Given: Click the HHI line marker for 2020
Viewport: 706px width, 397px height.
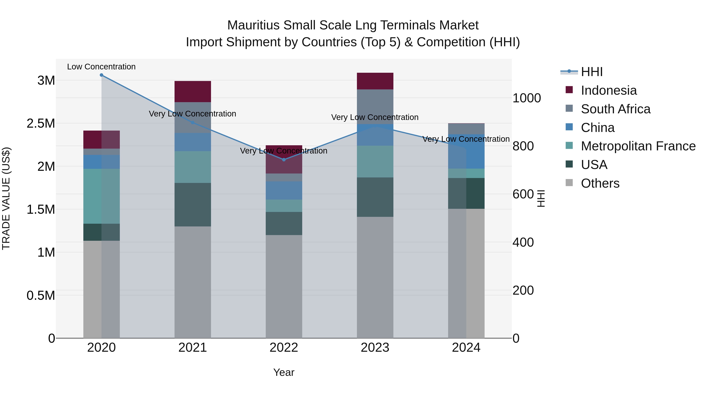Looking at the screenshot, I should point(101,75).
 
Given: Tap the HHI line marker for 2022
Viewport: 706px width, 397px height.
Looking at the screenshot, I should point(284,159).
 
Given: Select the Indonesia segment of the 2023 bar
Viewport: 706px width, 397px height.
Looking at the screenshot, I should point(375,81).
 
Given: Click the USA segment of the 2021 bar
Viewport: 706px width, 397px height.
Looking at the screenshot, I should point(193,204).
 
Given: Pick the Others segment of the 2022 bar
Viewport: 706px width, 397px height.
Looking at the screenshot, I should point(284,286).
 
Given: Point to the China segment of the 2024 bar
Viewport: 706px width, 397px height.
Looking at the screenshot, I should point(466,152).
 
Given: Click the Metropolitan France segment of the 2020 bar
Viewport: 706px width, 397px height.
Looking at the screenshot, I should point(101,196).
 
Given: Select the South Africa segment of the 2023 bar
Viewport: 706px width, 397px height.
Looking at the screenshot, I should point(375,107).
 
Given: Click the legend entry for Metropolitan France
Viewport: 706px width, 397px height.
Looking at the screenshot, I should point(638,146).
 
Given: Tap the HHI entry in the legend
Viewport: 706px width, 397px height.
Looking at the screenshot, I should point(591,72).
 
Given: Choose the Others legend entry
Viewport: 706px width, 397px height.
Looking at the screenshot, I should point(600,183).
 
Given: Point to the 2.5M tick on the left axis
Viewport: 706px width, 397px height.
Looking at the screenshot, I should point(41,124).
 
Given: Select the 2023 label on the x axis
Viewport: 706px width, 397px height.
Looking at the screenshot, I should point(375,348).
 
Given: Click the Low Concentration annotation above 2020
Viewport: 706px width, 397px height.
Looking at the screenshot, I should point(101,67).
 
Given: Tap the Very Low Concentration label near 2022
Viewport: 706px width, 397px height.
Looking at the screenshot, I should point(284,151).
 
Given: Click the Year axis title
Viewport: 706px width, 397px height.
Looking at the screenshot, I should point(284,372).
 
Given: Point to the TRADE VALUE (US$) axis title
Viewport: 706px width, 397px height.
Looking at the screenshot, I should point(6,198).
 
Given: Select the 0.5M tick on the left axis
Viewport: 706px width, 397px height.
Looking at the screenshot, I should point(41,296).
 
